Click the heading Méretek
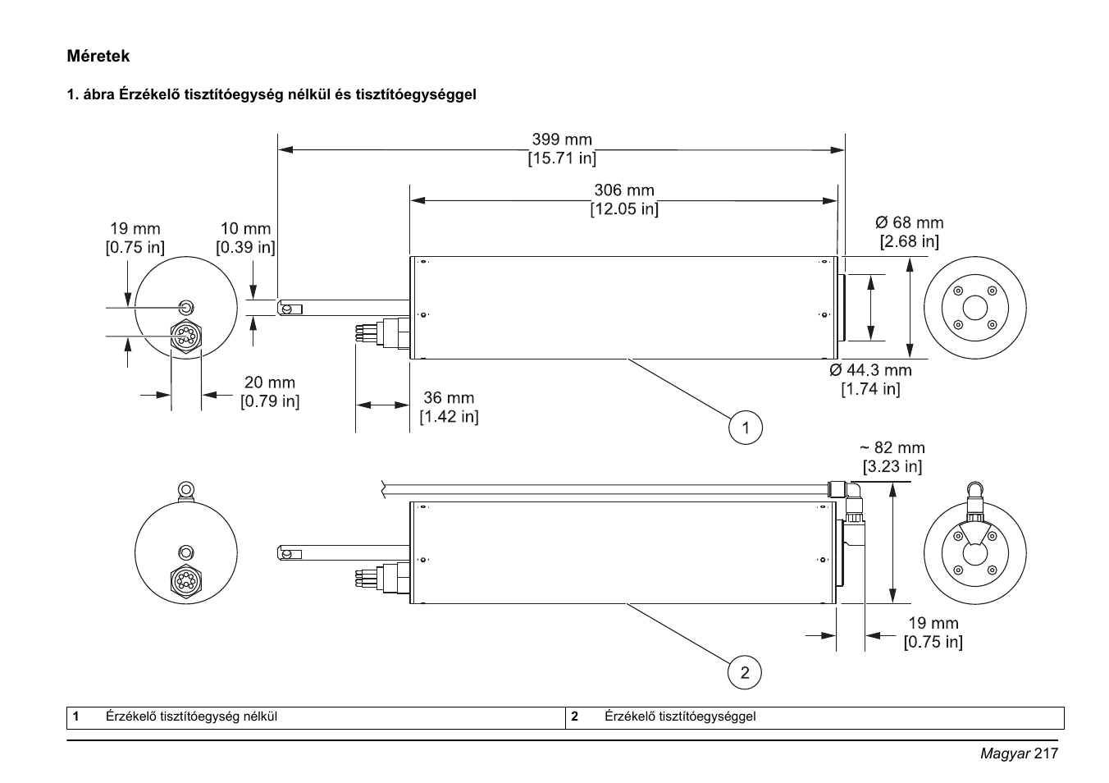[x=98, y=57]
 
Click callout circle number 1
[x=745, y=428]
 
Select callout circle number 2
[x=745, y=673]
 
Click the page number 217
[x=1047, y=753]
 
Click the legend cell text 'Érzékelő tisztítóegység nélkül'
[x=191, y=717]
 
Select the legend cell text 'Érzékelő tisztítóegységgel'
[x=680, y=717]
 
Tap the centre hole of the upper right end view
[x=974, y=308]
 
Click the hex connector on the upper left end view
[x=186, y=335]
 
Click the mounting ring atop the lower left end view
[x=186, y=491]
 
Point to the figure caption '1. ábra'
[x=90, y=94]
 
